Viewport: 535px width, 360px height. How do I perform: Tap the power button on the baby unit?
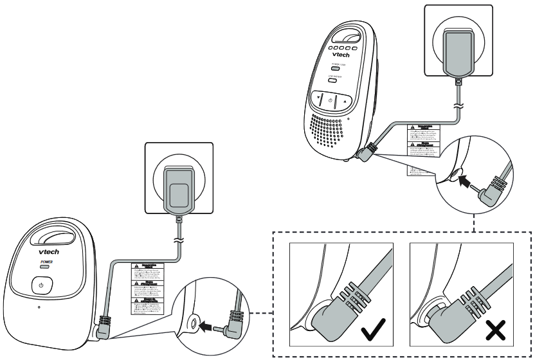click(41, 284)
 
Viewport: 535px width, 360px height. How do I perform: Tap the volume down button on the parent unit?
click(317, 100)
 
